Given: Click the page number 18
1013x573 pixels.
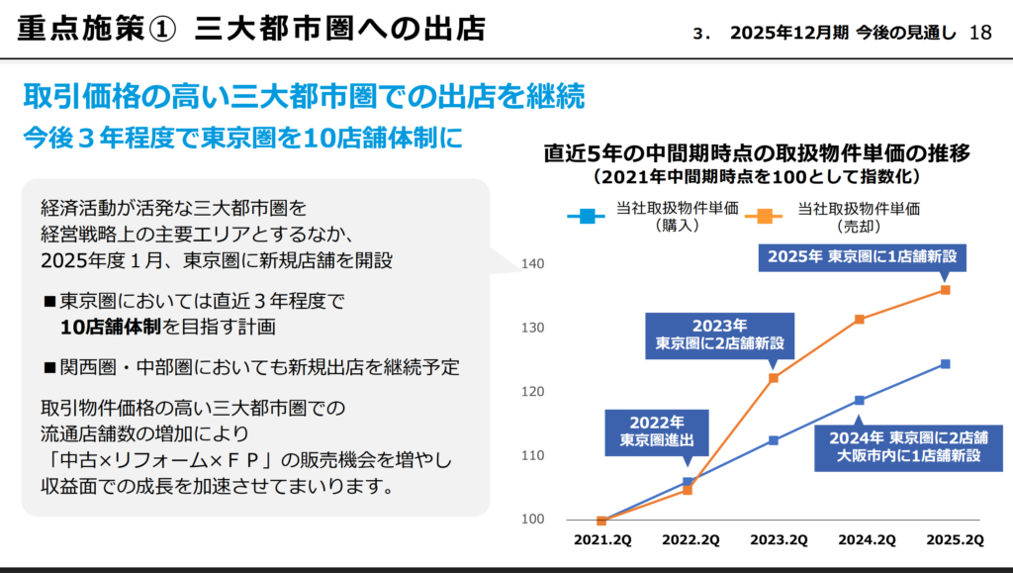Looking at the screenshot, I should (981, 33).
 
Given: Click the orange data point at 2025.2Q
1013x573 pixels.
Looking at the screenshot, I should (946, 290).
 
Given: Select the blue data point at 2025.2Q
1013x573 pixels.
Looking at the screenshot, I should (946, 364).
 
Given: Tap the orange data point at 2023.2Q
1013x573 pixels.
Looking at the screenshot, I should (774, 378).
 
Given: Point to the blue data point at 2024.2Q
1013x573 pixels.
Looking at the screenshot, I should (860, 400).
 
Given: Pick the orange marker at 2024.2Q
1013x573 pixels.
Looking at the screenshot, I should (860, 319).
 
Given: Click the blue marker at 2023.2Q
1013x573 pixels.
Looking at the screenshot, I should (774, 440).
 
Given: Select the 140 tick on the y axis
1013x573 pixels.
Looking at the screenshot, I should (532, 264).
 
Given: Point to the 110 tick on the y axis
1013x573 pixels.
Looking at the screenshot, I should (532, 456).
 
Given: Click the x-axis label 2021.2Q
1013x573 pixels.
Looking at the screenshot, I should (602, 539).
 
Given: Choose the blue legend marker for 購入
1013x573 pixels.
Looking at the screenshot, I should (589, 214).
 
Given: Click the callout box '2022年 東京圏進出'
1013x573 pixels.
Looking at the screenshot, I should (644, 431).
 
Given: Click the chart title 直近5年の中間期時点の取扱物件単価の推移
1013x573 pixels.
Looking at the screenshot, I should (757, 154).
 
